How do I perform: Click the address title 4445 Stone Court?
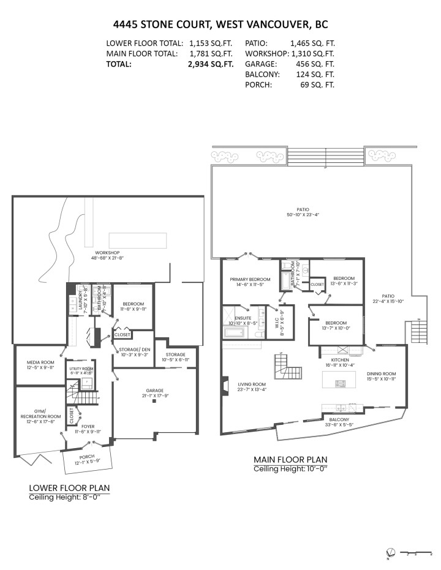click(x=220, y=24)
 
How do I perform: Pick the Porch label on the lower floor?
click(x=87, y=457)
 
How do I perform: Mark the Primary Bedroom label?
click(x=247, y=281)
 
